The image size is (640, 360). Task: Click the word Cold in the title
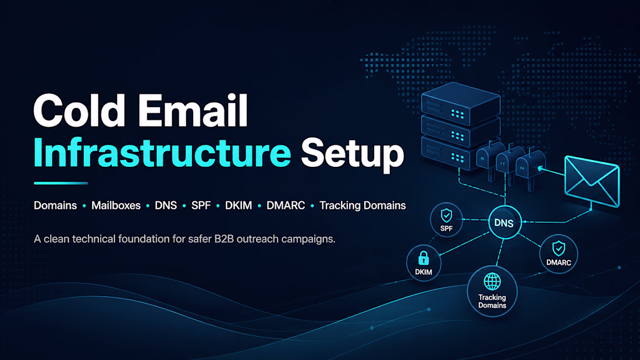(x=79, y=111)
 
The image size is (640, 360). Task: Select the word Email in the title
(x=193, y=111)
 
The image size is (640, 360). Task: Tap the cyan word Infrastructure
(x=162, y=153)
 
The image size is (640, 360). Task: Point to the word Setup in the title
(x=353, y=154)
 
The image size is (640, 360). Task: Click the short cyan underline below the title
(x=61, y=183)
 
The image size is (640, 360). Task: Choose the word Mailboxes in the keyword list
(x=116, y=205)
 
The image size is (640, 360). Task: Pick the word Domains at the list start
(x=55, y=205)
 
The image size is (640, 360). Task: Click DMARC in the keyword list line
(x=286, y=205)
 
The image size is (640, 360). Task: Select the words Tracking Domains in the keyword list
(x=362, y=205)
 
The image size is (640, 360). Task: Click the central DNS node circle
(x=505, y=222)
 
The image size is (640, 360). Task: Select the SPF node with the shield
(x=446, y=220)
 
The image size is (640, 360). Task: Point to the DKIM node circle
(x=424, y=263)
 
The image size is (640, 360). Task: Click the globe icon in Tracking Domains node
(x=492, y=281)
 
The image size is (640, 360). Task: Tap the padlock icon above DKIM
(x=424, y=258)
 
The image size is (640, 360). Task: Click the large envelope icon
(x=592, y=181)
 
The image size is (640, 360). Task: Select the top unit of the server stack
(x=461, y=104)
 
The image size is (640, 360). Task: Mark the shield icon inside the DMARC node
(x=559, y=248)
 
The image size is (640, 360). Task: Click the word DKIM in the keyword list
(x=239, y=205)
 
